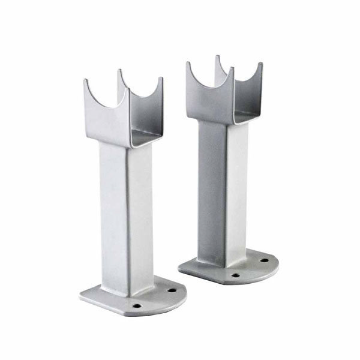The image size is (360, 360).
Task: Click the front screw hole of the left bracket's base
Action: (x=137, y=305)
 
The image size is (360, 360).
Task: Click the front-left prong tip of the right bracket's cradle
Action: (x=188, y=63)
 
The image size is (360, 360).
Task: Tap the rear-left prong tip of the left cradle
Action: (x=119, y=72)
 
